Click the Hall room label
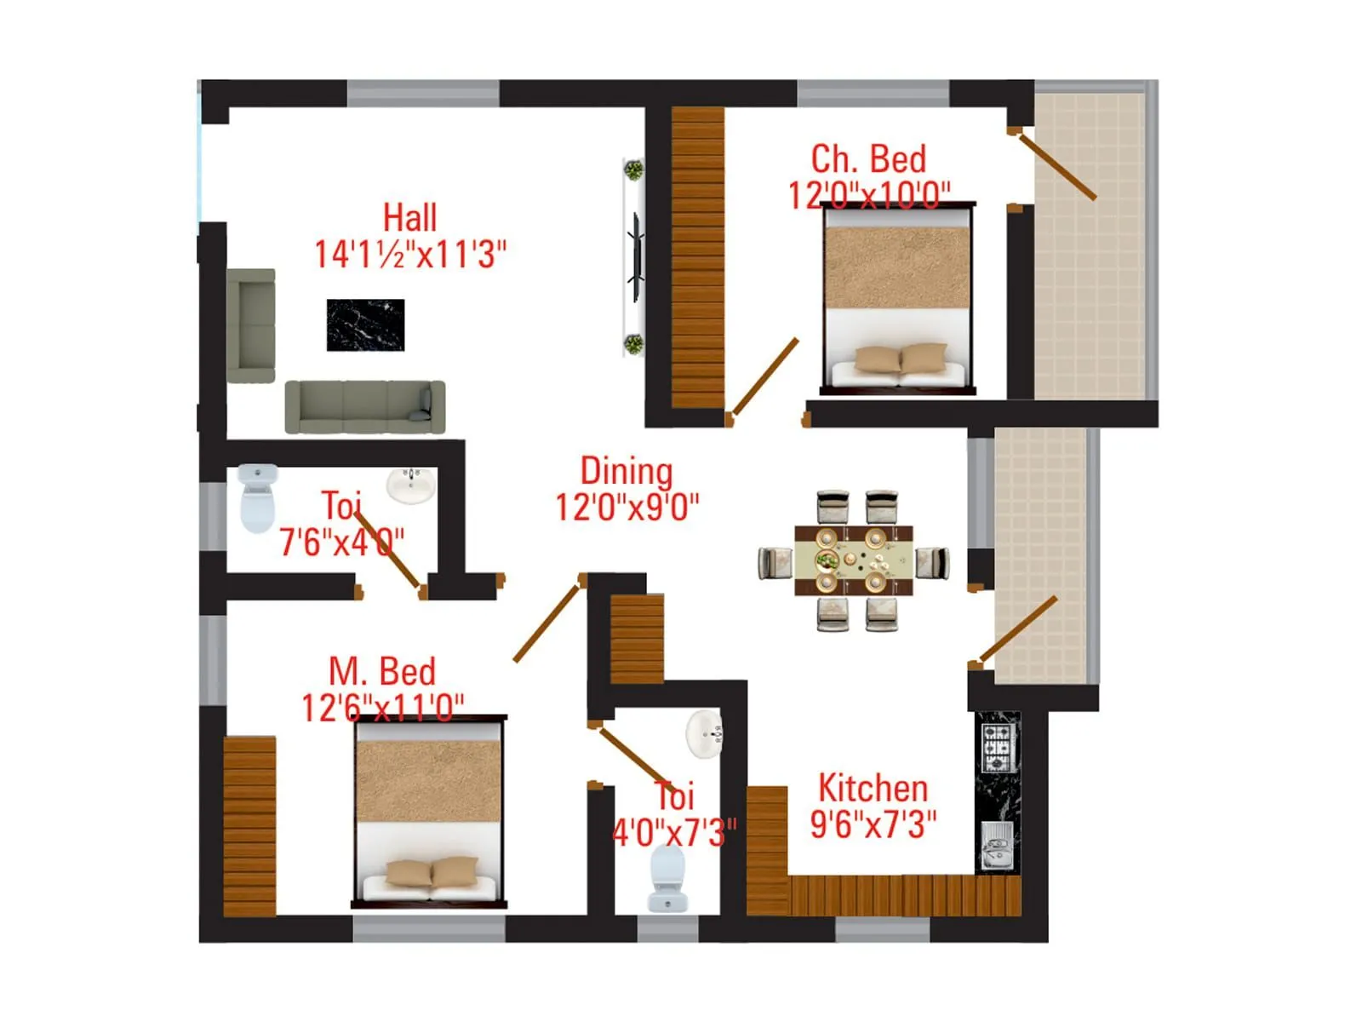[x=409, y=218]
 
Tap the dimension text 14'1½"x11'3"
[x=410, y=255]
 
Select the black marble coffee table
[x=365, y=324]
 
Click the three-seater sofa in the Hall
[x=364, y=406]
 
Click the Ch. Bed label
[x=868, y=159]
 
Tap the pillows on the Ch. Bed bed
[x=901, y=359]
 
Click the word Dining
[x=626, y=471]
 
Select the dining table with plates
[x=853, y=560]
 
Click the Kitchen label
[x=873, y=789]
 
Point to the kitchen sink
[x=995, y=845]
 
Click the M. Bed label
[x=382, y=672]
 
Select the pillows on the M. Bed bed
[x=432, y=873]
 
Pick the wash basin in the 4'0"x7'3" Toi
[x=705, y=732]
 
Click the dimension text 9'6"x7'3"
[x=873, y=825]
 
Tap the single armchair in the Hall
[x=251, y=325]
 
